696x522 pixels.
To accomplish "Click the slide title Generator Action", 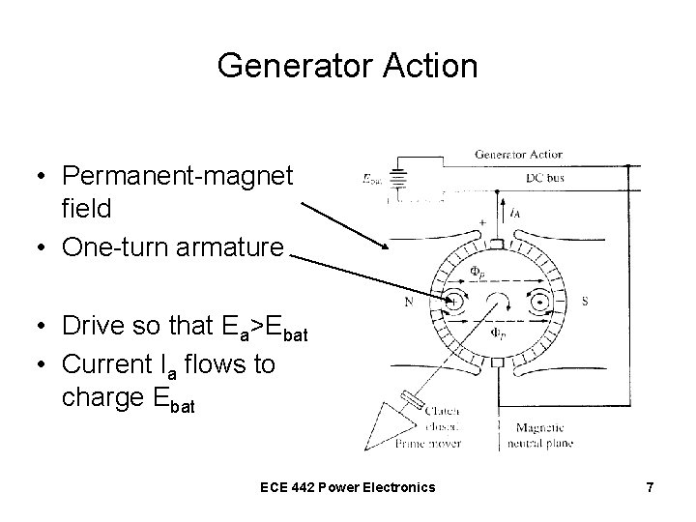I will point(348,66).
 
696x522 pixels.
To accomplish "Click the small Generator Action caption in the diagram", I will point(518,154).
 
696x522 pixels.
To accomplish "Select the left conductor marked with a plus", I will point(452,303).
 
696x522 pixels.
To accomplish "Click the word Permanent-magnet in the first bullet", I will point(176,178).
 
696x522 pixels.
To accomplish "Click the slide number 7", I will point(650,487).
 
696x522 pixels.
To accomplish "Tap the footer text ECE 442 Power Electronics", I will point(348,486).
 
